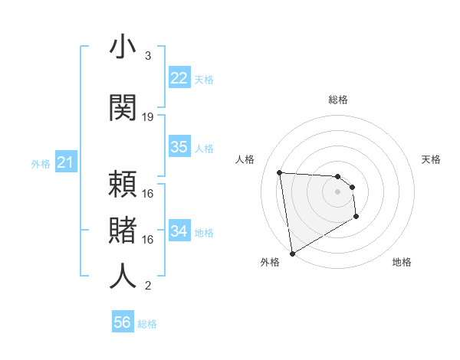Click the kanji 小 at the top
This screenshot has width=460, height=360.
pyautogui.click(x=123, y=47)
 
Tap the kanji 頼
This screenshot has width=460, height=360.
pyautogui.click(x=123, y=185)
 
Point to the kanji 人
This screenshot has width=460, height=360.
pyautogui.click(x=123, y=277)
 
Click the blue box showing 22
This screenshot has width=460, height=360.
pyautogui.click(x=179, y=78)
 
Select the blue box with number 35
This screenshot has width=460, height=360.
pyautogui.click(x=179, y=147)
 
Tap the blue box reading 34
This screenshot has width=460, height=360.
pyautogui.click(x=179, y=231)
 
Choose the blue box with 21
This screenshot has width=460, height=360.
pyautogui.click(x=65, y=162)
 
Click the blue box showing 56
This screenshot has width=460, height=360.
pyautogui.click(x=123, y=322)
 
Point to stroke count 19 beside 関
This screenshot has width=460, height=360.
pyautogui.click(x=148, y=116)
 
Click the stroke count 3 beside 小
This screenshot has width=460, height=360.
pyautogui.click(x=147, y=56)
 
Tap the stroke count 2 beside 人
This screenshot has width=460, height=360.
pyautogui.click(x=147, y=286)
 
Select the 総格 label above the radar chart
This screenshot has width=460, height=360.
pyautogui.click(x=338, y=100)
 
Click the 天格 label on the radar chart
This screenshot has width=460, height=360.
pyautogui.click(x=431, y=159)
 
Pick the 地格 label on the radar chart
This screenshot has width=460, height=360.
pyautogui.click(x=402, y=262)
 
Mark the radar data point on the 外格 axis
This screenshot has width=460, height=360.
pyautogui.click(x=292, y=253)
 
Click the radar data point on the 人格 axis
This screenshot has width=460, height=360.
pyautogui.click(x=280, y=172)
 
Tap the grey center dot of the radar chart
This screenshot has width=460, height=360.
pyautogui.click(x=338, y=192)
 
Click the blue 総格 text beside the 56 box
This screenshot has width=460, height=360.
pyautogui.click(x=147, y=323)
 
